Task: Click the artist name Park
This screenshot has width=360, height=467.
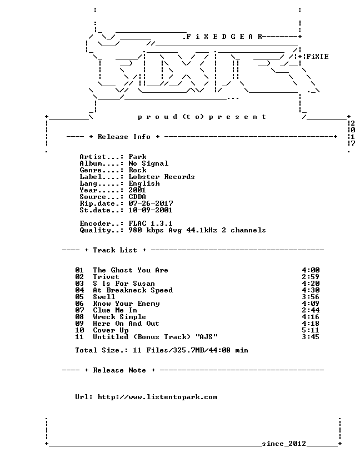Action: click(137, 157)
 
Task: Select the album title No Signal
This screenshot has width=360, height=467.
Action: click(148, 163)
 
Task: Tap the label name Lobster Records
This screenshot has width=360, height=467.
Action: click(162, 177)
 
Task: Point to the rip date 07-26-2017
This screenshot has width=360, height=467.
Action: click(151, 203)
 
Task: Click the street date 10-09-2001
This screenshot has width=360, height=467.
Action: click(151, 210)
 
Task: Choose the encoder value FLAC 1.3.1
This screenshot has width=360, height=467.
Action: click(151, 223)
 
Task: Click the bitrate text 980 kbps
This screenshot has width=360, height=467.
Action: click(146, 230)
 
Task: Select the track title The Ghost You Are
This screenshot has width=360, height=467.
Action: click(131, 270)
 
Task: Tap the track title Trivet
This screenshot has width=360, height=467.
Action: click(106, 277)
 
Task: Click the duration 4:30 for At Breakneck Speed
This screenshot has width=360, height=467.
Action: click(311, 290)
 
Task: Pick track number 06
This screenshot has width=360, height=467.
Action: click(79, 304)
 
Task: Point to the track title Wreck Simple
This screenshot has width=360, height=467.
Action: click(119, 317)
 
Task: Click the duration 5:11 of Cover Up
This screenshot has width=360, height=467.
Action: click(311, 330)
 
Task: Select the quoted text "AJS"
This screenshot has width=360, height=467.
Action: click(207, 337)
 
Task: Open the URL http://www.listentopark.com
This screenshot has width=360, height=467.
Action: click(157, 397)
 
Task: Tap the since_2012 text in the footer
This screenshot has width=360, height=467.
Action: click(284, 444)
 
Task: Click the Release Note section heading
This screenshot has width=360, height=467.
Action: click(119, 370)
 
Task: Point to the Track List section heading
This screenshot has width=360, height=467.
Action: click(115, 250)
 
